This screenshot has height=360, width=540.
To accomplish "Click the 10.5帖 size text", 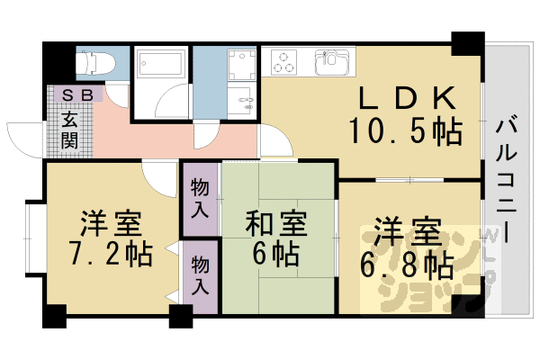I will point(407,131).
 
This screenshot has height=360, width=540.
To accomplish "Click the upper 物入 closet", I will point(201,198).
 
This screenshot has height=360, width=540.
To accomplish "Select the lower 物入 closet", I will point(201,277).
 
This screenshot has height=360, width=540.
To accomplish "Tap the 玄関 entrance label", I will point(70,129).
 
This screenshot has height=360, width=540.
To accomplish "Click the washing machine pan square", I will point(241,64).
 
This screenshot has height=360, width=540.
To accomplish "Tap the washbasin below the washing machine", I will point(241,100).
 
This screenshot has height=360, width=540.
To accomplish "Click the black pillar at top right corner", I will point(466,43).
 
